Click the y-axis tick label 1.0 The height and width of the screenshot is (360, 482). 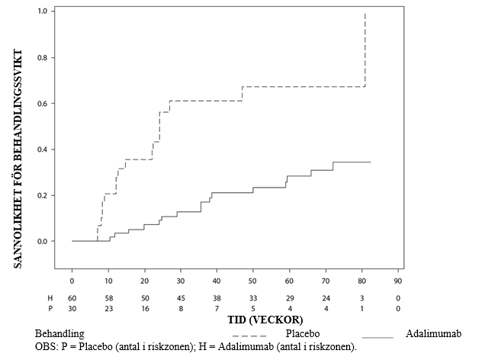coord(42,12)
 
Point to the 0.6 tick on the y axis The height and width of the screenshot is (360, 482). coord(42,104)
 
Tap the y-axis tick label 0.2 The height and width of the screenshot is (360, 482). coord(42,195)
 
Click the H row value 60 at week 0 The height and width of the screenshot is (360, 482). coord(72,297)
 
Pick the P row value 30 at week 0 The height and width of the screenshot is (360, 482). coord(72,307)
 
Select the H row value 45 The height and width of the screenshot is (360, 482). coord(181,297)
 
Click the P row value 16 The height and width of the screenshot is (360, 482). coord(144,307)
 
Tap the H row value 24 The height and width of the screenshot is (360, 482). coord(326,297)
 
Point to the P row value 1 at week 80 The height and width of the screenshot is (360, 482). coord(362,307)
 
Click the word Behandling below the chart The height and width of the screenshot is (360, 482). coord(59,334)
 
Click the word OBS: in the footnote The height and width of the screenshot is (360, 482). coord(47,346)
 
